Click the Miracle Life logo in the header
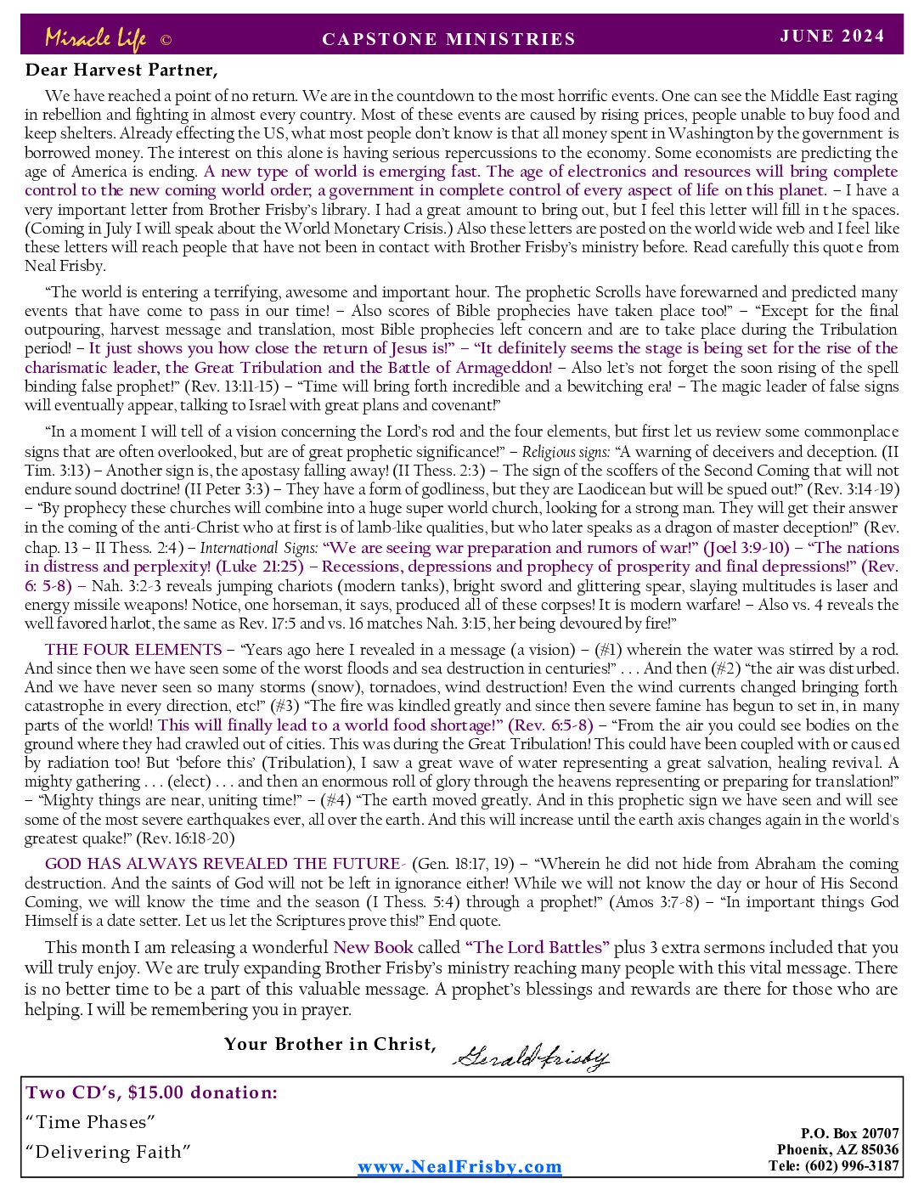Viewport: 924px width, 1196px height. click(95, 38)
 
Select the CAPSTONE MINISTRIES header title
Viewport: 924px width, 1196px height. click(449, 39)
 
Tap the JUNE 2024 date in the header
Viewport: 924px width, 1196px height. click(832, 36)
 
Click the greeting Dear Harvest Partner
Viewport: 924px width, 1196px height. click(121, 70)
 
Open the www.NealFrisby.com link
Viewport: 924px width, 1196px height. click(459, 1166)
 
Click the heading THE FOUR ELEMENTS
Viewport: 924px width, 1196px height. click(133, 650)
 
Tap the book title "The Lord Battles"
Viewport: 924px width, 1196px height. click(538, 947)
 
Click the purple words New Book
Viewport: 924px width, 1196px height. click(373, 947)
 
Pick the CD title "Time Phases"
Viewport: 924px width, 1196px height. click(91, 1122)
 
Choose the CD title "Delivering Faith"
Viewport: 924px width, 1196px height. click(108, 1152)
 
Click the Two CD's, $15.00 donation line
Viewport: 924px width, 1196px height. click(152, 1092)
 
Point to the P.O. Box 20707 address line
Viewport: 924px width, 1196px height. click(849, 1133)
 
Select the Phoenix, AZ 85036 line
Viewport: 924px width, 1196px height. click(837, 1149)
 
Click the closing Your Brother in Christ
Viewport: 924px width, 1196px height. click(330, 1044)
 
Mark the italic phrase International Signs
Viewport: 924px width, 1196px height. click(259, 548)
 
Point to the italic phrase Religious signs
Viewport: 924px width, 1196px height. click(566, 452)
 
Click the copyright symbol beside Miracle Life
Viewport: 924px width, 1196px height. click(166, 40)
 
